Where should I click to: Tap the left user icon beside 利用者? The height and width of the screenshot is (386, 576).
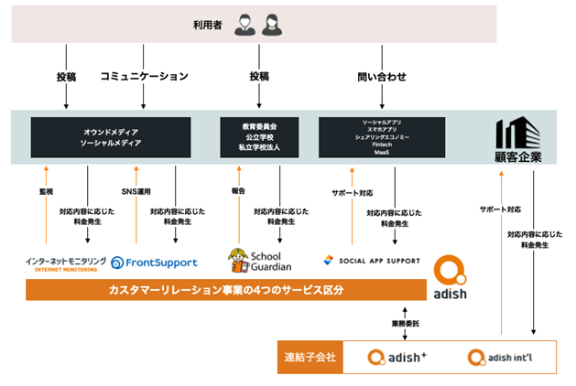245,24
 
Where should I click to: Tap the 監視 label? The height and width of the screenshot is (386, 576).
46,192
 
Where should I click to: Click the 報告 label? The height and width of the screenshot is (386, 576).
239,192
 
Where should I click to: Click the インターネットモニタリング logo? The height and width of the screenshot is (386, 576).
65,263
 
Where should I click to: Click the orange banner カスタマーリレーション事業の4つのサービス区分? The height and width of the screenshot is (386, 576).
227,291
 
